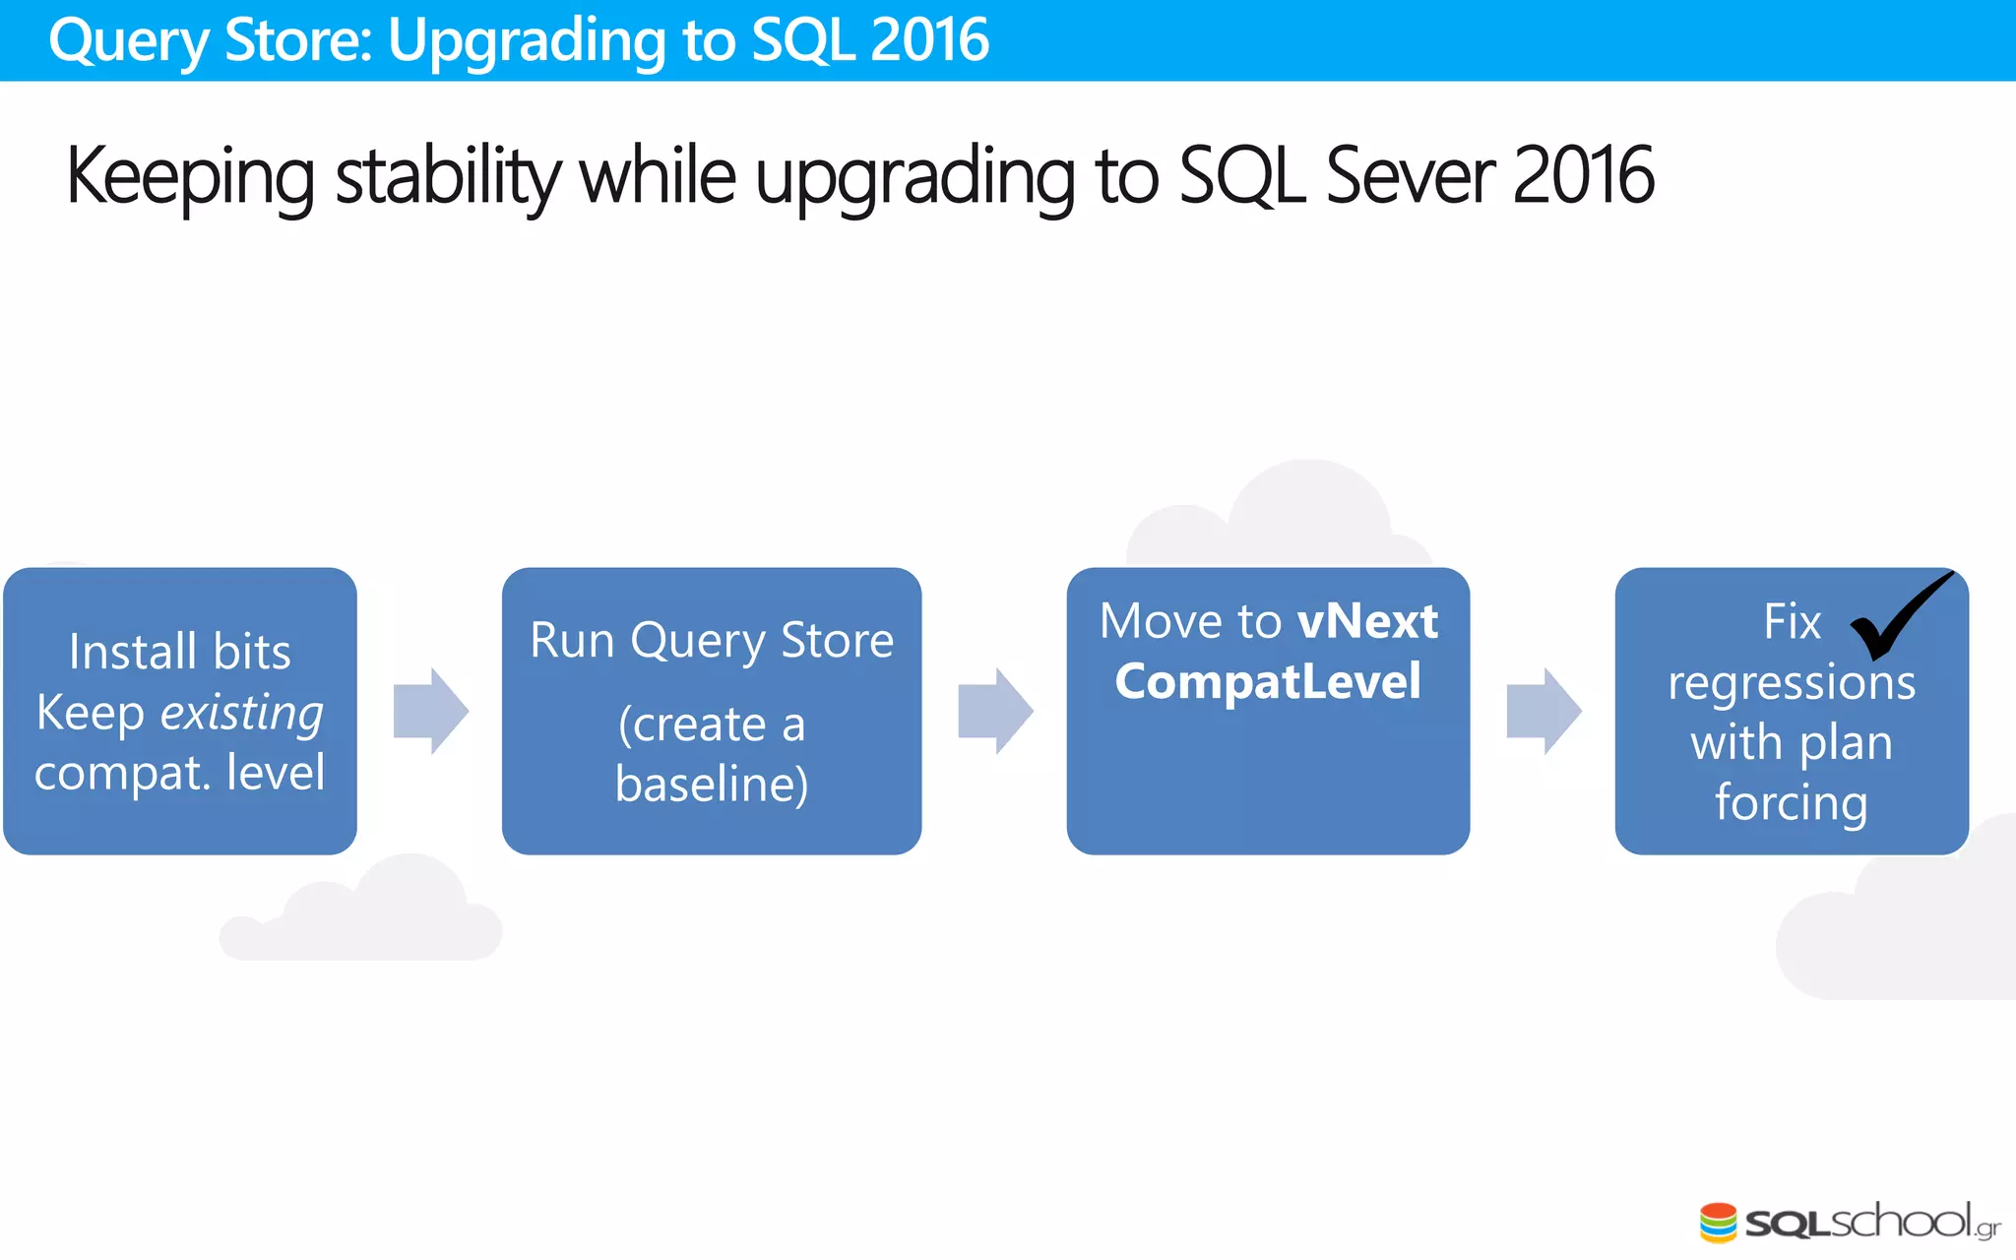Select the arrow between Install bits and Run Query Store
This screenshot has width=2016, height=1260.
point(430,711)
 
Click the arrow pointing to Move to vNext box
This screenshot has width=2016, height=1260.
point(995,711)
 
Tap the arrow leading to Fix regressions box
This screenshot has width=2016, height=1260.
point(1543,711)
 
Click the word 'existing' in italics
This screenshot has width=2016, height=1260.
point(242,713)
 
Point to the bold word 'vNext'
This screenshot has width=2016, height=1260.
point(1367,621)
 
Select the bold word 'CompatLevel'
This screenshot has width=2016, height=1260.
point(1268,681)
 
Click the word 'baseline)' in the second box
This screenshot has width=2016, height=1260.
point(712,785)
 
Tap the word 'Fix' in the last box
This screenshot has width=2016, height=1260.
point(1792,622)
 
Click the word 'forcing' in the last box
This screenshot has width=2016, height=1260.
point(1791,803)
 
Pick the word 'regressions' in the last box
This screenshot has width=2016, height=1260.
point(1792,682)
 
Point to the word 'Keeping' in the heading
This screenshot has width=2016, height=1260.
point(190,177)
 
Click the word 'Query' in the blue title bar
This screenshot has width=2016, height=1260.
point(129,41)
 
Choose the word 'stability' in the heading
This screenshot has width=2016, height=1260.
point(448,177)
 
